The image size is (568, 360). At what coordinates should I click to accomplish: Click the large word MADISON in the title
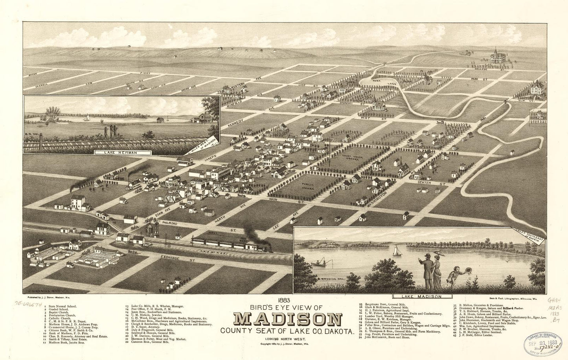tap(286, 320)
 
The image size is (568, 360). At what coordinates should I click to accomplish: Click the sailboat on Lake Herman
tap(87, 118)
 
